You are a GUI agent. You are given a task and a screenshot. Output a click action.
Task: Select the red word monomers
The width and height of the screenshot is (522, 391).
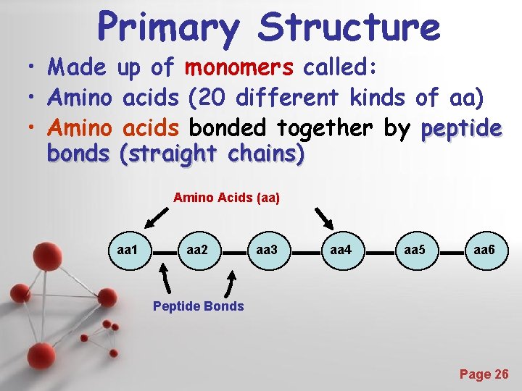pyautogui.click(x=239, y=68)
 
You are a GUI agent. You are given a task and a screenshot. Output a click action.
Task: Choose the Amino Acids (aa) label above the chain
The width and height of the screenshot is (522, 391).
pyautogui.click(x=226, y=197)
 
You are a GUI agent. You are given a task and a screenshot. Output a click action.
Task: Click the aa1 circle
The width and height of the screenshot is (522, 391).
pyautogui.click(x=128, y=251)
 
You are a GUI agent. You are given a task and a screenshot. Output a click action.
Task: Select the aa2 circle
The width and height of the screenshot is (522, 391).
pyautogui.click(x=198, y=251)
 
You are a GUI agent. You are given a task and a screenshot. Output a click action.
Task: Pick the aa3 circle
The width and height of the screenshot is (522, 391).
pyautogui.click(x=268, y=251)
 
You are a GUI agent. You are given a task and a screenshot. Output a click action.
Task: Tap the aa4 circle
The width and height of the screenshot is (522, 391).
pyautogui.click(x=341, y=251)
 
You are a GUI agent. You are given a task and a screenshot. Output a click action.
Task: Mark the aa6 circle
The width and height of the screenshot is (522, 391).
pyautogui.click(x=484, y=251)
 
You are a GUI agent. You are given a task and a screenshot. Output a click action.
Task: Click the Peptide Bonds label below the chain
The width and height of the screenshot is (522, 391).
pyautogui.click(x=198, y=306)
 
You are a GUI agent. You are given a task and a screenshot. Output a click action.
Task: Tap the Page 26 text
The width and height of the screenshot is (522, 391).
pyautogui.click(x=484, y=374)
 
